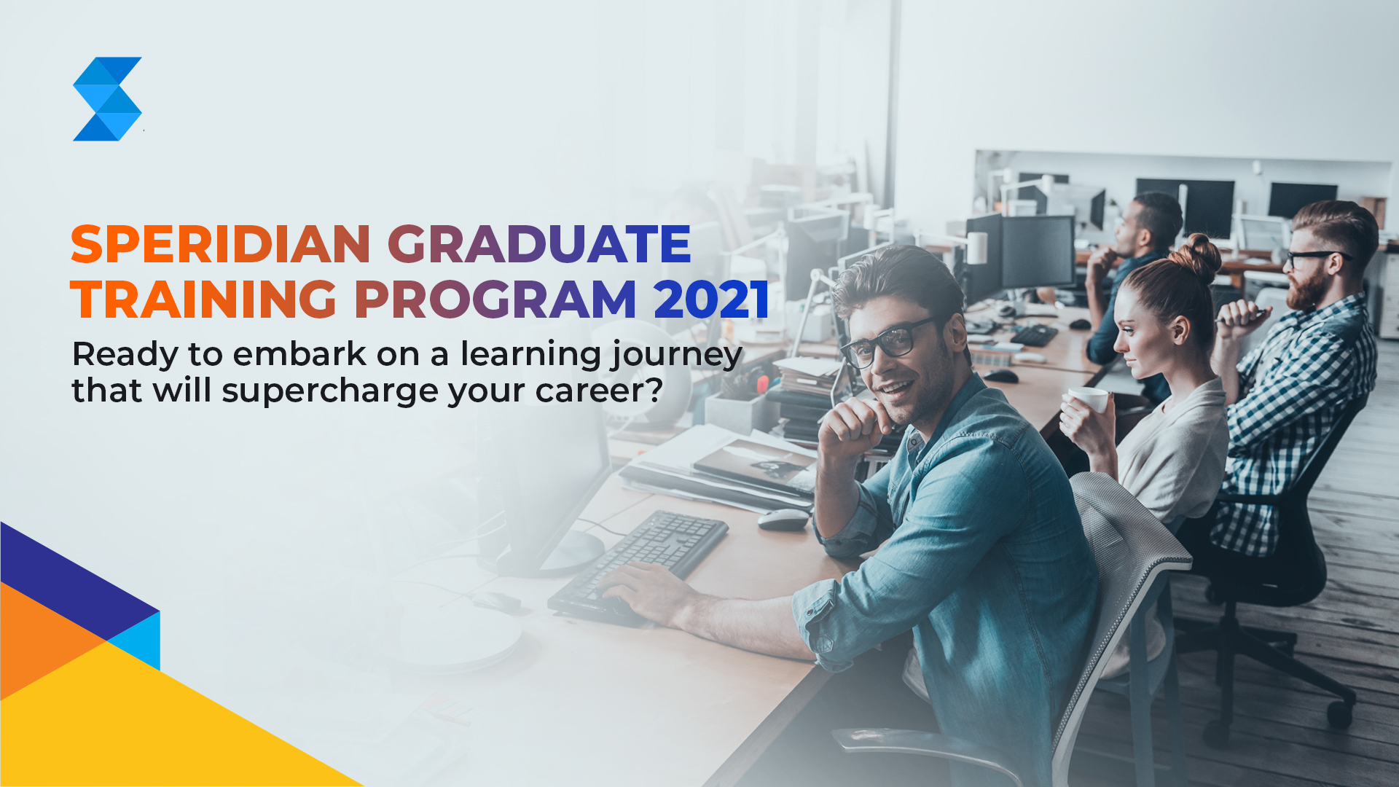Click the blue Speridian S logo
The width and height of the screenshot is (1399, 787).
[x=107, y=99]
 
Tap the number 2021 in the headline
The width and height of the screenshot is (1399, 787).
[x=711, y=299]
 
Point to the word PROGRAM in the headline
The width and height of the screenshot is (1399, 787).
[x=495, y=299]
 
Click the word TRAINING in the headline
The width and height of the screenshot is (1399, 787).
[x=204, y=299]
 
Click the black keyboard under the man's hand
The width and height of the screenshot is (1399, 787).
[x=638, y=565]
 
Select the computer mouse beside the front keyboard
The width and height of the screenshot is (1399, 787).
[x=783, y=519]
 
